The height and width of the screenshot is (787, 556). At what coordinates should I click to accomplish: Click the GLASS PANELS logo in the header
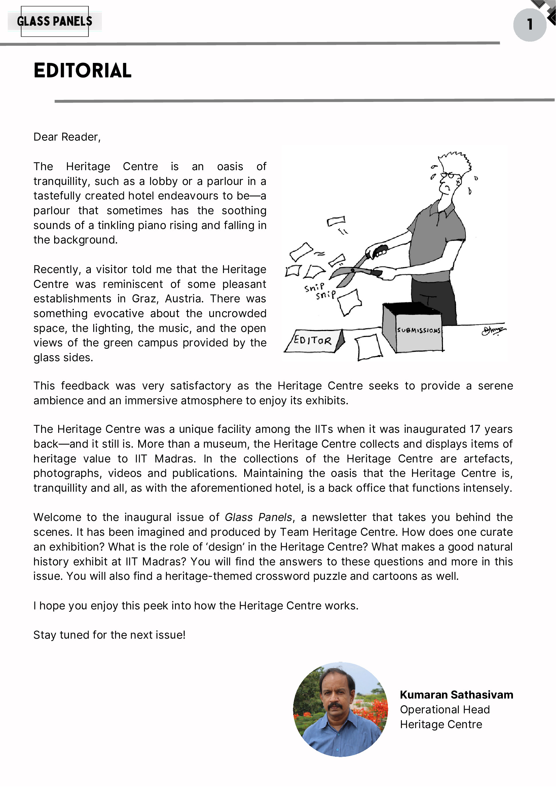(x=54, y=21)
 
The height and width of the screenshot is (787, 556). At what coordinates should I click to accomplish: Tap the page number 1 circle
(x=529, y=25)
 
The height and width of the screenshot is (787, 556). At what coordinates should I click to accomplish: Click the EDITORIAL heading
(x=82, y=71)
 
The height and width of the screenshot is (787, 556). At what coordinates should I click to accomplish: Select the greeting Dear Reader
(x=67, y=137)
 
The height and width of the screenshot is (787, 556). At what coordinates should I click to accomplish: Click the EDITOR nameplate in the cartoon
(x=312, y=340)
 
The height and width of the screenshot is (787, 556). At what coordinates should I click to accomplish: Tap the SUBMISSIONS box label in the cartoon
(x=418, y=330)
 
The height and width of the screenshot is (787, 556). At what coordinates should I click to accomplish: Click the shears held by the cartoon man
(x=357, y=271)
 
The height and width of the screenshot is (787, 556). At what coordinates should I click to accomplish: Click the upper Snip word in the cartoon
(x=314, y=287)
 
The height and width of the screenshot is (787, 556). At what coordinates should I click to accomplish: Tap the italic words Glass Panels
(x=258, y=517)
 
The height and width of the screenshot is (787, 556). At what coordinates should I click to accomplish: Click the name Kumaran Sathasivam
(x=456, y=695)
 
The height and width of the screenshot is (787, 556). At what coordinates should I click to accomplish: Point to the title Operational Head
(x=445, y=710)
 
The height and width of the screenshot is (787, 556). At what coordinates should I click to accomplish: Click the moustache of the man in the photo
(x=335, y=707)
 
